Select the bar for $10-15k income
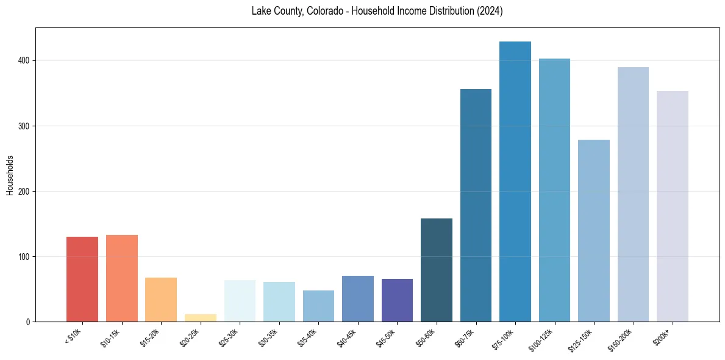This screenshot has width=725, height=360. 121,278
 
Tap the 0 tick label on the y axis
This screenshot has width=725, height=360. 29,322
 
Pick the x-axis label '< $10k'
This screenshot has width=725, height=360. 73,336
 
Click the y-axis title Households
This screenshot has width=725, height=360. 10,175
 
